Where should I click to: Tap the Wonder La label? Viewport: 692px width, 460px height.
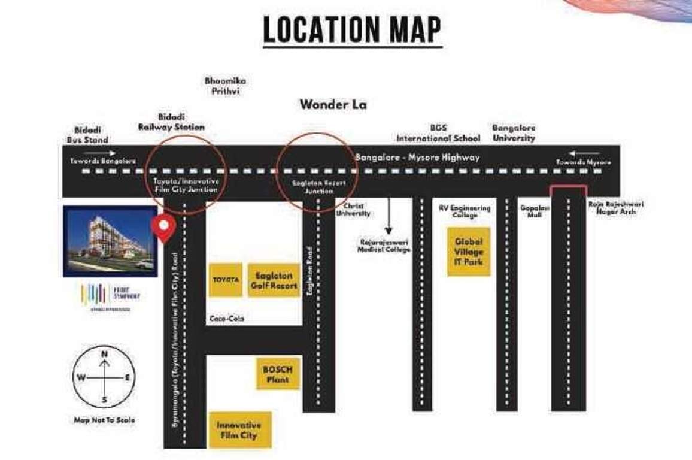coord(333,105)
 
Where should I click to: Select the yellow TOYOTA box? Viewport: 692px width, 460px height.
coord(226,280)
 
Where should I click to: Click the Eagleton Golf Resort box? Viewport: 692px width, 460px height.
coord(274,280)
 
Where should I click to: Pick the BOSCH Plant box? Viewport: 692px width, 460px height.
coord(278,374)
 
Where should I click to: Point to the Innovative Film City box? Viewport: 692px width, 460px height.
coord(239,430)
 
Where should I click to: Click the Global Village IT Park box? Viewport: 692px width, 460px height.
coord(469,252)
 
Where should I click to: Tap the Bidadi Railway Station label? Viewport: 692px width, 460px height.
coord(171,122)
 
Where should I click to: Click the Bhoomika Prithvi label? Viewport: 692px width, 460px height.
coord(225,86)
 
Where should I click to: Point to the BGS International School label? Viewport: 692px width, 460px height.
coord(438,133)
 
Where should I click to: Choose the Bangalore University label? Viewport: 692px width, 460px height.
coord(514,132)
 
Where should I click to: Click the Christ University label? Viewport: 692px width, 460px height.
coord(353,210)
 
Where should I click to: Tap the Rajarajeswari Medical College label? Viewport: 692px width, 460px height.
coord(384,246)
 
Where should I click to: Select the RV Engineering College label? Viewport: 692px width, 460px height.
coord(465,211)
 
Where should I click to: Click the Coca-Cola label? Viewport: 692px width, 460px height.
coord(227,319)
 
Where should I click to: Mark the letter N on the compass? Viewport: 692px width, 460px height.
coord(104,354)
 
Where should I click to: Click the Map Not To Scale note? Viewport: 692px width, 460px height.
coord(104,420)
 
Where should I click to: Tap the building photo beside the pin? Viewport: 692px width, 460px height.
coord(110,241)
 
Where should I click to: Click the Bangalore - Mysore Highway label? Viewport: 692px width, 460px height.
coord(417,158)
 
